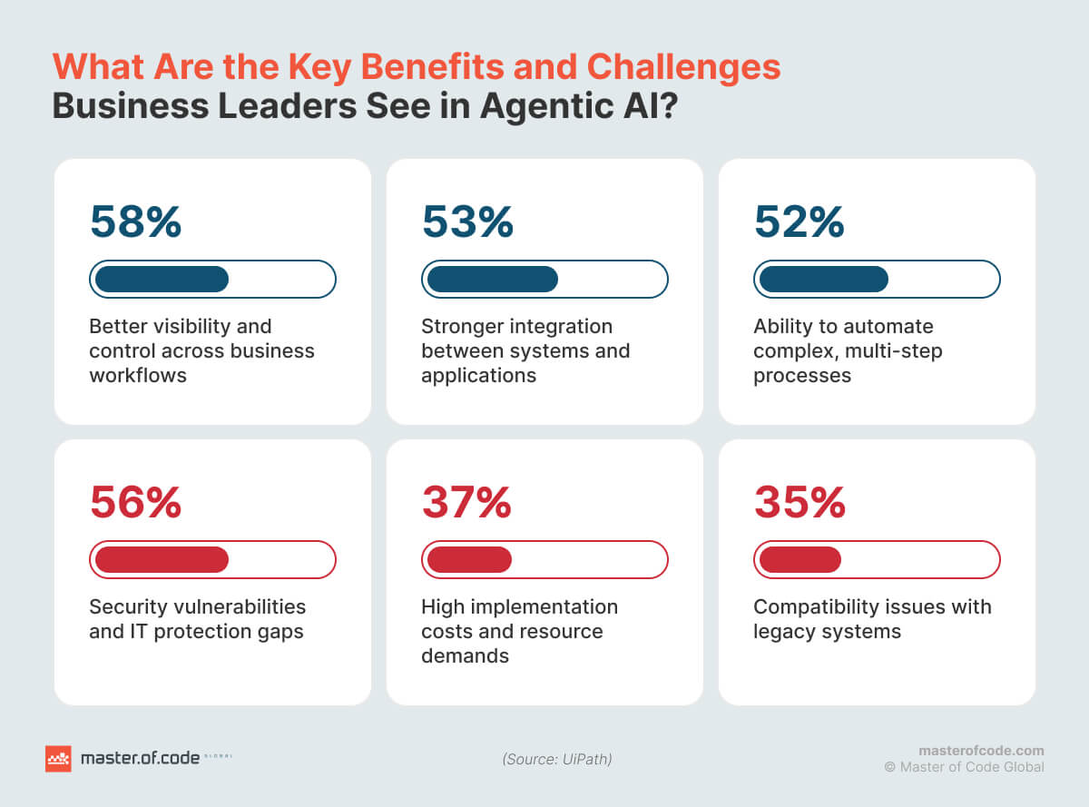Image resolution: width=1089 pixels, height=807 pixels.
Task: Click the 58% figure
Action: pyautogui.click(x=135, y=222)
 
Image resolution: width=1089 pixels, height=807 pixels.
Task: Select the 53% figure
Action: pyautogui.click(x=467, y=222)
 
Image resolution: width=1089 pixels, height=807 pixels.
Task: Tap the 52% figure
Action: pyautogui.click(x=800, y=222)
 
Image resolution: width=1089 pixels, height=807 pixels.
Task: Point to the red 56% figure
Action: pyautogui.click(x=135, y=503)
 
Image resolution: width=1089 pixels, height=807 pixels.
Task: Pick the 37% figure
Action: pyautogui.click(x=466, y=503)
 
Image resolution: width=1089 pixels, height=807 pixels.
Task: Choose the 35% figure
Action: pyautogui.click(x=800, y=503)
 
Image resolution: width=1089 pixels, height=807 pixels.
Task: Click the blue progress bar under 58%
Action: pyautogui.click(x=212, y=280)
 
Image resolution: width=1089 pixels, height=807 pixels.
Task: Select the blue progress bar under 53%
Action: pyautogui.click(x=544, y=280)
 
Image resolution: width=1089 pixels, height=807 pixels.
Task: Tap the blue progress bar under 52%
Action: pyautogui.click(x=877, y=280)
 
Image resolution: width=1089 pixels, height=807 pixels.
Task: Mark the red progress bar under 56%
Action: pyautogui.click(x=212, y=560)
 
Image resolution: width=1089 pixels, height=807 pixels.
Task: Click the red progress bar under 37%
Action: pyautogui.click(x=544, y=560)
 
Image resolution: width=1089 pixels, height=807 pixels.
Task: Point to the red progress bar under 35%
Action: pyautogui.click(x=877, y=560)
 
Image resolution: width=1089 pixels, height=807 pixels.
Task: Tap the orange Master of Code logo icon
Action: pyautogui.click(x=58, y=758)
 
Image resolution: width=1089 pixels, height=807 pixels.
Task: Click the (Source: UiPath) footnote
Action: pyautogui.click(x=556, y=759)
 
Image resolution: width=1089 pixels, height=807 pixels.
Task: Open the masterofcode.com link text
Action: pyautogui.click(x=981, y=751)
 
